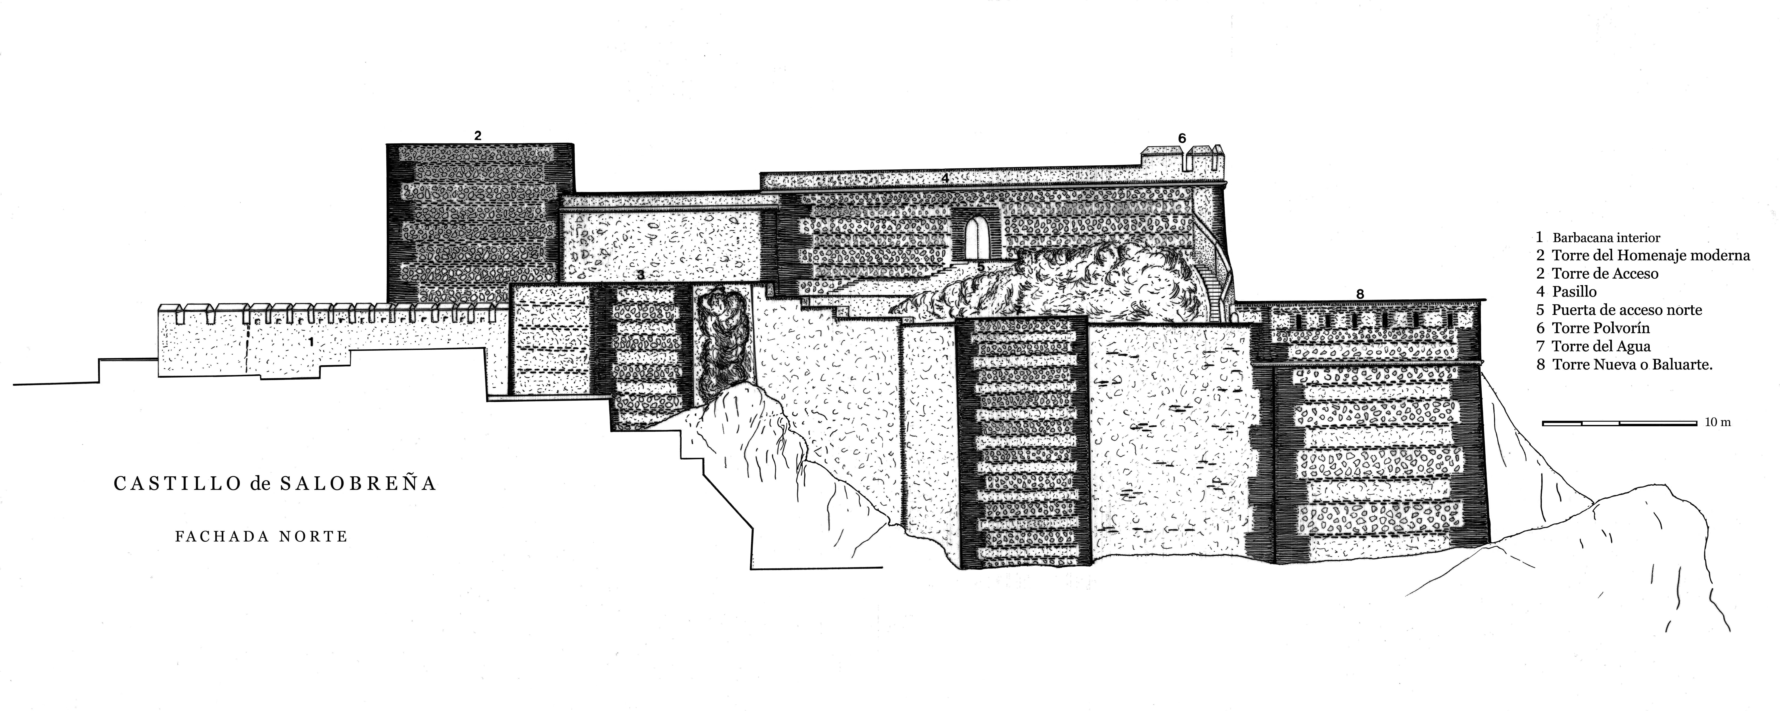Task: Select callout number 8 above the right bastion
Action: [x=1360, y=294]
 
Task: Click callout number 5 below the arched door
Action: [x=981, y=267]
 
